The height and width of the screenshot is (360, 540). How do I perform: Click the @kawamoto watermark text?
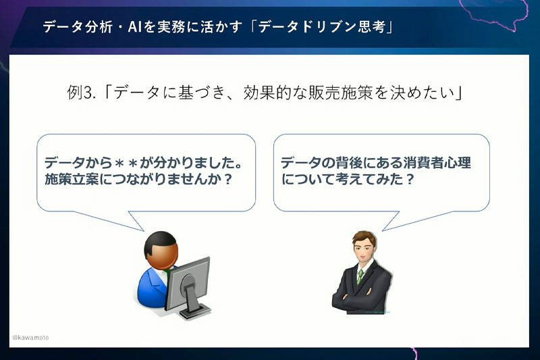pos(30,338)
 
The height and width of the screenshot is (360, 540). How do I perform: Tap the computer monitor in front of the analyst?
pos(188,284)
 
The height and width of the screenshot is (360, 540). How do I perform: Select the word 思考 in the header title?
pos(371,26)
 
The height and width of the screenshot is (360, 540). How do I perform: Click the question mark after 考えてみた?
pos(410,180)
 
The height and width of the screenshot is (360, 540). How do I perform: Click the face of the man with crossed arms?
pos(364,247)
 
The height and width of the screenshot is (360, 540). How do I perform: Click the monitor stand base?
pos(195,311)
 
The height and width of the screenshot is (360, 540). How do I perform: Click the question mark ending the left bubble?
pos(227,180)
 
